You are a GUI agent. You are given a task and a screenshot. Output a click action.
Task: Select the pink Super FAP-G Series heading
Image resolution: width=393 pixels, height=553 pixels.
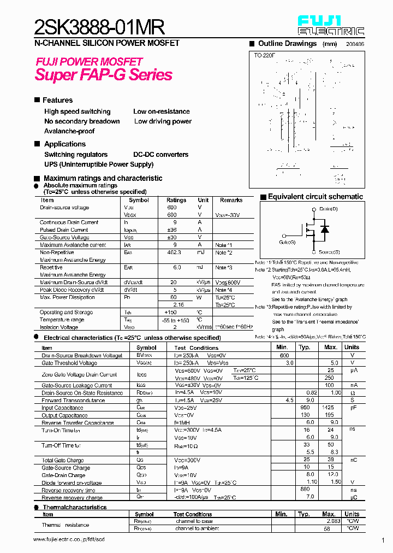click(104, 75)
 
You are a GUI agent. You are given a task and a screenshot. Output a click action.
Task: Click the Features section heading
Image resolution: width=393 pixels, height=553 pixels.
click(57, 100)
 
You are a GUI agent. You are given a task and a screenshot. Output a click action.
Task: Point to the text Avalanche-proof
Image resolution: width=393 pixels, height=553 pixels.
click(69, 131)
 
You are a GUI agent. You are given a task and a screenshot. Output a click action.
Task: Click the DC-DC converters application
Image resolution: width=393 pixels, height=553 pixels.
click(160, 155)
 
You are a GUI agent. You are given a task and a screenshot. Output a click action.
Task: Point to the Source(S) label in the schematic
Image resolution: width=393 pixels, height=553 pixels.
click(329, 252)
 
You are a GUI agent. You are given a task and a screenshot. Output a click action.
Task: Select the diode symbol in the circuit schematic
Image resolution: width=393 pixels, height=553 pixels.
click(325, 229)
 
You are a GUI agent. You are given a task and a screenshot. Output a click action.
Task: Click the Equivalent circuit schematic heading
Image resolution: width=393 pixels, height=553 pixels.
click(315, 197)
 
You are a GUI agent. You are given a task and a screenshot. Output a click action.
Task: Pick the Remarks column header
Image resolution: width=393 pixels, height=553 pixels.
click(231, 201)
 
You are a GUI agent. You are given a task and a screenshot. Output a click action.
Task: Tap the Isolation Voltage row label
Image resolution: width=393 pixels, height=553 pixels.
click(59, 327)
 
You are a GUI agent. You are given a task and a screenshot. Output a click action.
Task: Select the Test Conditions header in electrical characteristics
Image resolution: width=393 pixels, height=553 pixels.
click(196, 348)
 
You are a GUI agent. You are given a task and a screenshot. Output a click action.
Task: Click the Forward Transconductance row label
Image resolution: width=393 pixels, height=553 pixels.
click(73, 401)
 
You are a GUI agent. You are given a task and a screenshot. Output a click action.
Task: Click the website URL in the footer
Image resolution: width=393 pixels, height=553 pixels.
click(69, 539)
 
